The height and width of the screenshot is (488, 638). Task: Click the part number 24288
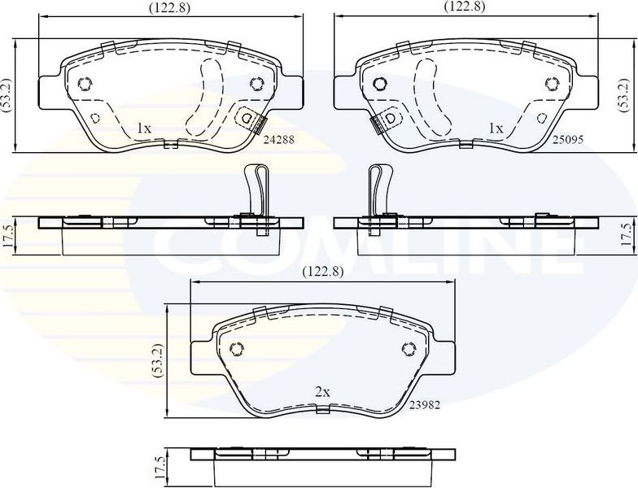pos(277,139)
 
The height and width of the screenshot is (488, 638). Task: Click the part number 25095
pos(569,139)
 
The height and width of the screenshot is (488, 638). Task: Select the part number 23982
pos(425,405)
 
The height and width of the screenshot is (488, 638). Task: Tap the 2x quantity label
pos(322,392)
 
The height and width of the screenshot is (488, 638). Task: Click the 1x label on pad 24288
pos(143,128)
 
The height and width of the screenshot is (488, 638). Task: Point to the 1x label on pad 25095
pos(495,128)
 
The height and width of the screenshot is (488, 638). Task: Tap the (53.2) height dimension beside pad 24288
pos(7,96)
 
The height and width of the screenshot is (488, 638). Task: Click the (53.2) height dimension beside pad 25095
pos(623,96)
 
